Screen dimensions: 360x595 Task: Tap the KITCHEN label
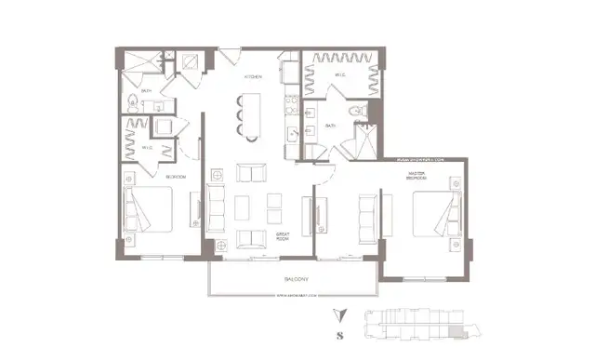pos(252,76)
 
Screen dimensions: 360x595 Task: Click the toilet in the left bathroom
pos(134,101)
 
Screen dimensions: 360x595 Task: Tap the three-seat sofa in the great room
pos(216,208)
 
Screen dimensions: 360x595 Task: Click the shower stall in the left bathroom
pos(138,61)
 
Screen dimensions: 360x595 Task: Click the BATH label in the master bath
pos(331,126)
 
